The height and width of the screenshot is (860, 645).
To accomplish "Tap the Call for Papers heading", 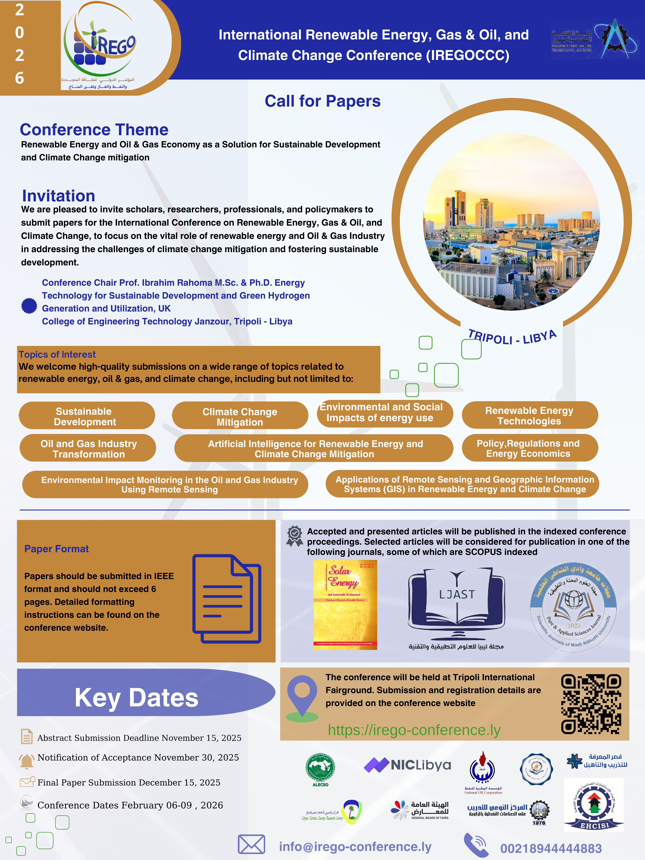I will (x=322, y=101).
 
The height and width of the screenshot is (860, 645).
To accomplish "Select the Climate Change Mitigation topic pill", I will (x=240, y=416).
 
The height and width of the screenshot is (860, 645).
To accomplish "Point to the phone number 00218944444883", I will (x=551, y=848).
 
